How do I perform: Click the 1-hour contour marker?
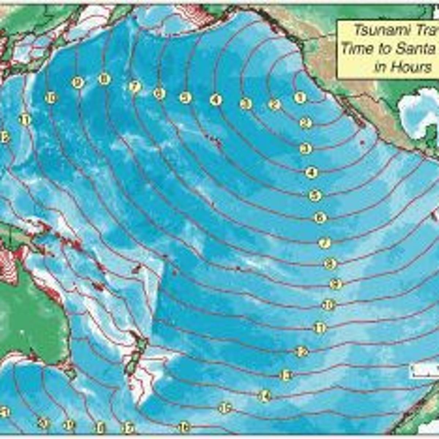click(x=300, y=98)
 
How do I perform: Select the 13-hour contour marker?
click(x=286, y=375)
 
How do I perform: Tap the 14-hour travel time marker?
click(x=264, y=395)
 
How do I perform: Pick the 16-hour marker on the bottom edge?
click(x=184, y=427)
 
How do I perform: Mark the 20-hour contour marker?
click(x=43, y=424)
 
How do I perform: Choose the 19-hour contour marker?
click(x=68, y=425)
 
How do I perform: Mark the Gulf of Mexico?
click(x=417, y=110)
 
